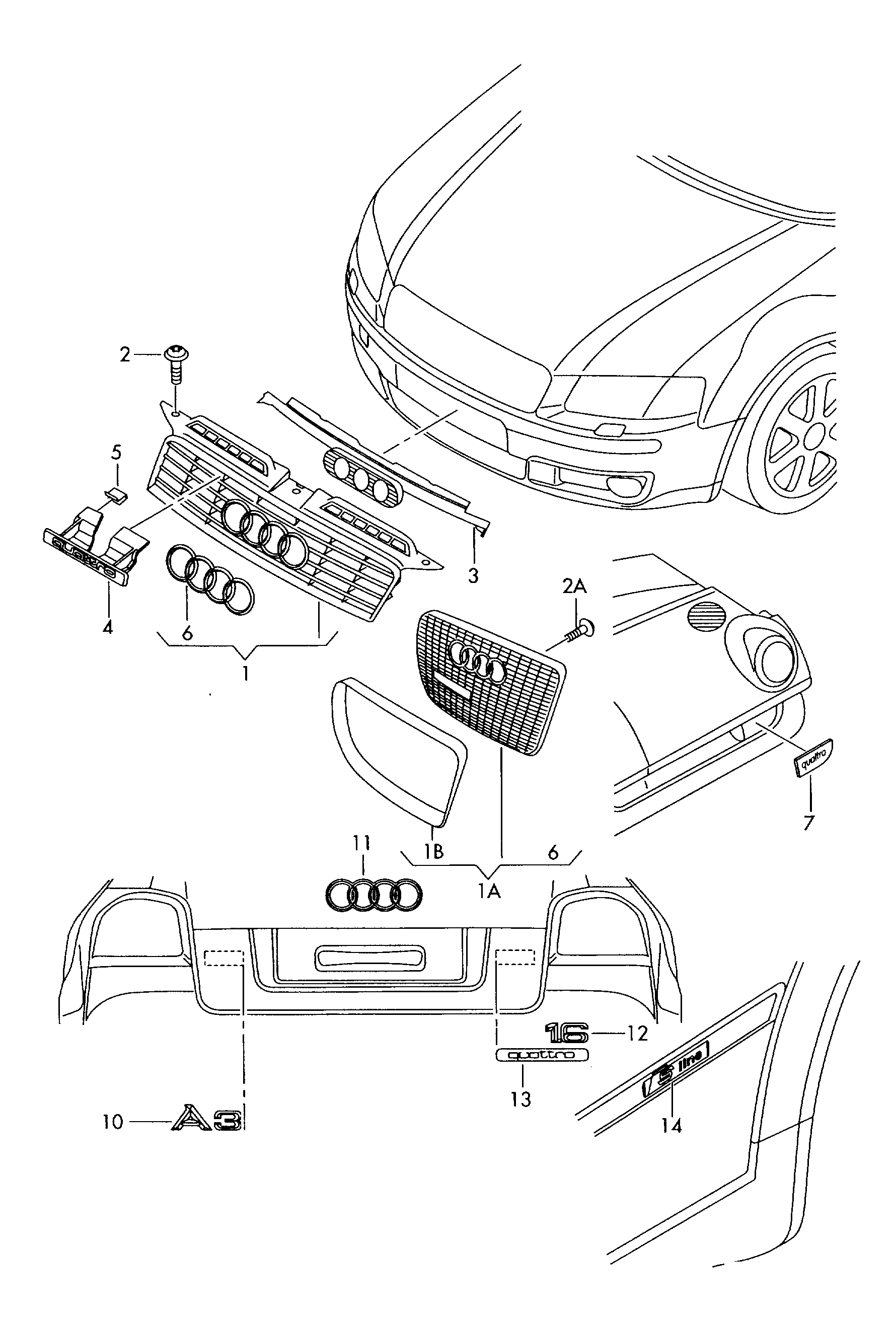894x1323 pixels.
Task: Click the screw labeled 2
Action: pos(176,365)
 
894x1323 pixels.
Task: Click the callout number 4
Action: pos(108,627)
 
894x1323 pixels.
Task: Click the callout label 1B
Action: pos(433,852)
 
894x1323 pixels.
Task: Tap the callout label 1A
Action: pos(489,892)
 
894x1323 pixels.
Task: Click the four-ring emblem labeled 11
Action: pos(374,895)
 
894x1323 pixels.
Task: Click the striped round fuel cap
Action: pos(706,618)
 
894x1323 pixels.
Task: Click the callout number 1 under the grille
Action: pos(245,673)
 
